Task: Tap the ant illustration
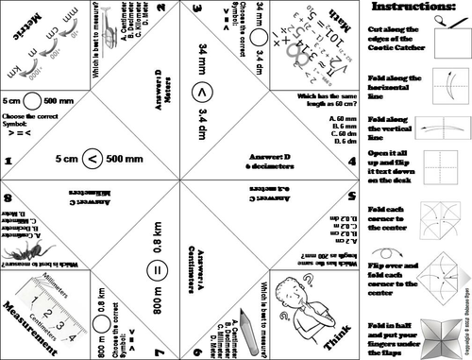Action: click(x=28, y=248)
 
